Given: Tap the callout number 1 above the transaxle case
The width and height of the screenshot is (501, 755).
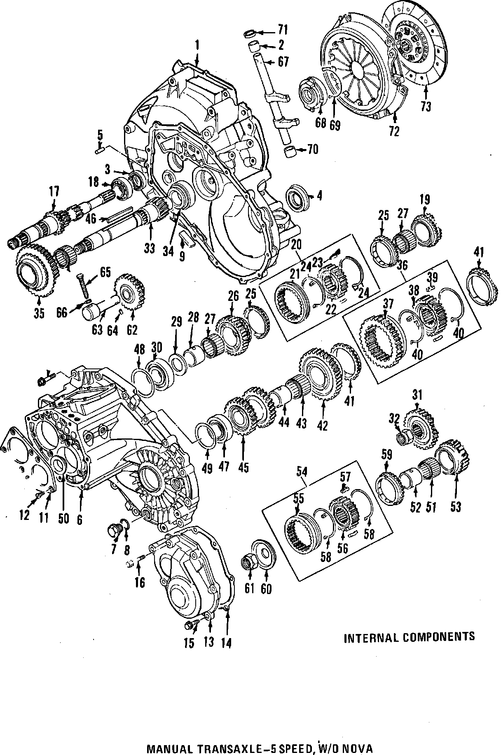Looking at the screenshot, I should pos(197,44).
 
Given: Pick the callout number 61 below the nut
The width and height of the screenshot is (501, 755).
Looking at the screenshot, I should pos(249,588).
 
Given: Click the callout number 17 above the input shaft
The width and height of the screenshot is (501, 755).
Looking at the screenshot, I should pos(54,191).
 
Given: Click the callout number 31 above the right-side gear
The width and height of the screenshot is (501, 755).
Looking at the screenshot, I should pos(417,396).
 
